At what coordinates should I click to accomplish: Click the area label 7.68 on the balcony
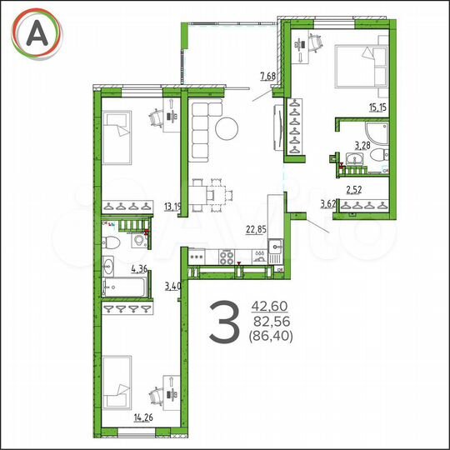pos(268,77)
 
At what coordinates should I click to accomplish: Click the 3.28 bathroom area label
pos(362,145)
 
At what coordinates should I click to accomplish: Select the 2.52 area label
pos(355,187)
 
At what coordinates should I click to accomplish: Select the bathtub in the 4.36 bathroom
pos(125,288)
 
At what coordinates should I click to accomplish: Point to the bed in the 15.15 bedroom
pos(360,67)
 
